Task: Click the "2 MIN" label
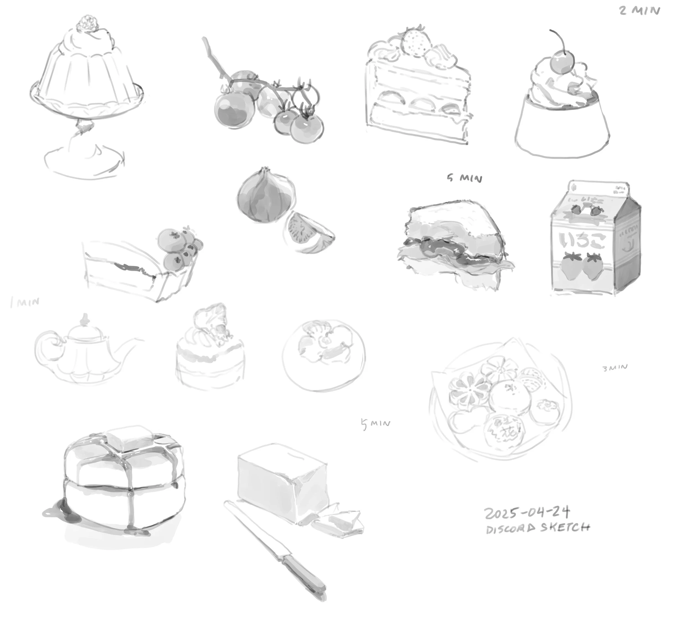pos(639,11)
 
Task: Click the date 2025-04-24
pos(527,513)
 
